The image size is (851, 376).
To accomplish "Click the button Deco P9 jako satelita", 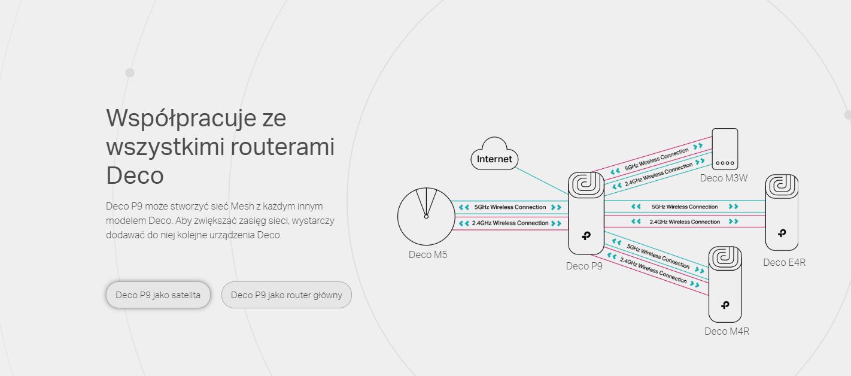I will point(158,295).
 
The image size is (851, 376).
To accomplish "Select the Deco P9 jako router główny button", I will point(286,295).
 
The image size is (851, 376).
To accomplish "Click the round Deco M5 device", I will point(426,217).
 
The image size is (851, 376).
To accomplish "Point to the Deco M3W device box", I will point(725,148).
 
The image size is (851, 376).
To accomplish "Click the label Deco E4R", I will point(784,262).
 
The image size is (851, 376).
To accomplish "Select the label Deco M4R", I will point(727,331).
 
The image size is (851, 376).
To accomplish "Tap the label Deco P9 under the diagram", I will point(584,266).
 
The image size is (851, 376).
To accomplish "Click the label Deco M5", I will point(428,254).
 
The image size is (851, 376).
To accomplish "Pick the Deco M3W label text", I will point(724,178).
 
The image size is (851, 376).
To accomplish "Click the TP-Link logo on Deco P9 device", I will point(586,235).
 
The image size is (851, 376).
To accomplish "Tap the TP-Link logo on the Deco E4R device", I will point(782,232).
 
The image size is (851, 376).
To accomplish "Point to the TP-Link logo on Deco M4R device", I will point(725,305).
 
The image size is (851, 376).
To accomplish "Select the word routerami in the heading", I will point(282,147).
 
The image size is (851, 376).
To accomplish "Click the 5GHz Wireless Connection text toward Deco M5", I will point(510,207).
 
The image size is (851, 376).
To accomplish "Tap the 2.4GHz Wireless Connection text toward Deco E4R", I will point(685,222).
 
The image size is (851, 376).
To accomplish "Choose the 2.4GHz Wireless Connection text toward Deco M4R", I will point(654,271).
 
